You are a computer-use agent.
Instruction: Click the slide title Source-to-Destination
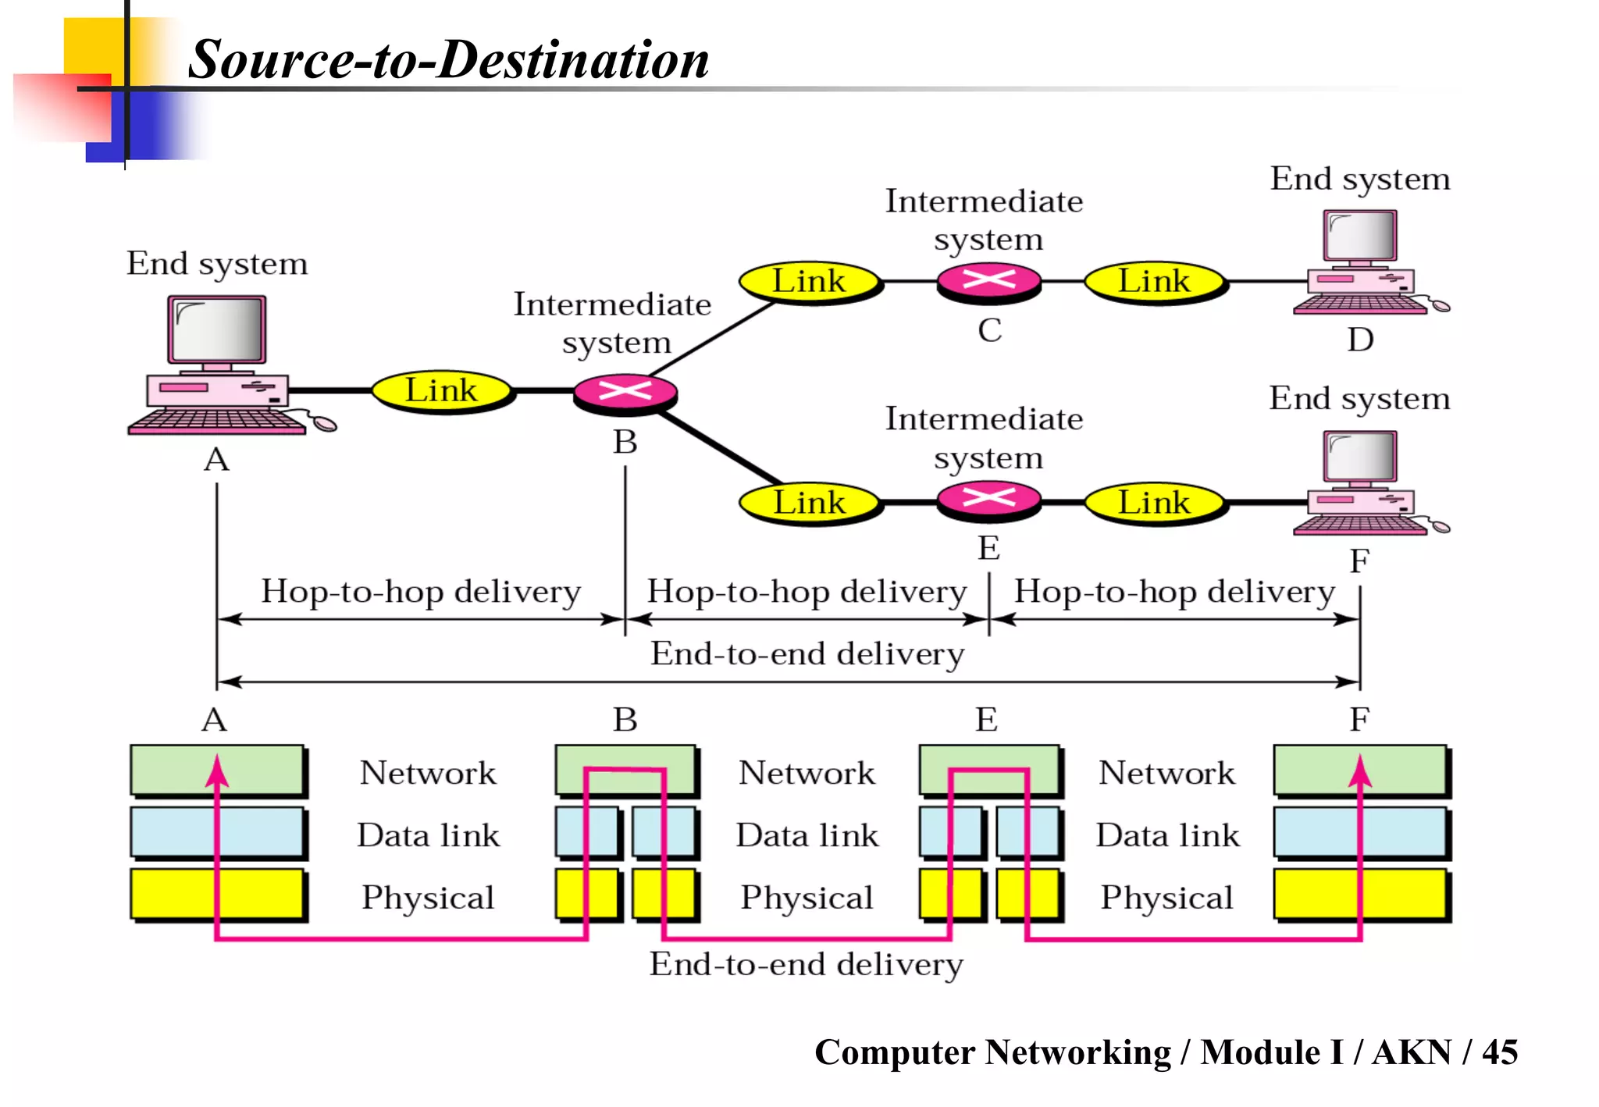[448, 59]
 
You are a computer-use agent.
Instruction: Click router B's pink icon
[625, 392]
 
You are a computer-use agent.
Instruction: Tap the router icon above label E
[988, 500]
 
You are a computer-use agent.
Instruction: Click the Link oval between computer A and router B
[441, 390]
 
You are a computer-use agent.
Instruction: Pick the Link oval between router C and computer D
[1154, 281]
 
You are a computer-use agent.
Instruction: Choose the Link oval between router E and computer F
[1154, 503]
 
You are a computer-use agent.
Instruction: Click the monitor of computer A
[217, 329]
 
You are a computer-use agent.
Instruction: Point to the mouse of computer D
[1440, 306]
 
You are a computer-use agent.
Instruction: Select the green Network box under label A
[217, 771]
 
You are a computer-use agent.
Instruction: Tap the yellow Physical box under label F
[1359, 894]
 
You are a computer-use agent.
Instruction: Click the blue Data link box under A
[217, 832]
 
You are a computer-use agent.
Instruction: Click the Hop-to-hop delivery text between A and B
[421, 592]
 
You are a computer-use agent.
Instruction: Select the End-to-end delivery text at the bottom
[807, 965]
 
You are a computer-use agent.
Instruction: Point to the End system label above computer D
[1359, 180]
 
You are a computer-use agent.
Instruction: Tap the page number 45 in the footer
[1499, 1052]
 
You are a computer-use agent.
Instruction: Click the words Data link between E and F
[1167, 835]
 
